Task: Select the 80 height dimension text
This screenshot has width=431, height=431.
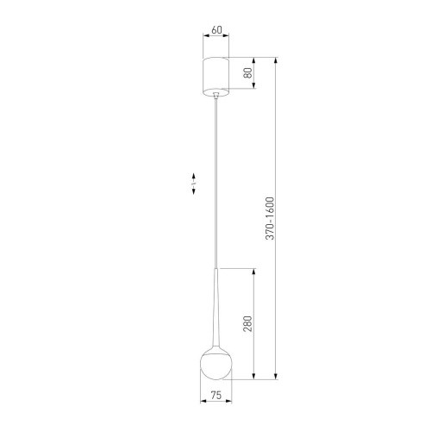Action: coord(248,74)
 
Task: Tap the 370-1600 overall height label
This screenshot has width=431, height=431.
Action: coord(269,219)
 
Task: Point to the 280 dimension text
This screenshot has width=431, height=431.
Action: coord(247,324)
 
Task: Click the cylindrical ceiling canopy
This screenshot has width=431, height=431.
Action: coord(215,75)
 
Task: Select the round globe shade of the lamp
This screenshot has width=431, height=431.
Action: coord(215,363)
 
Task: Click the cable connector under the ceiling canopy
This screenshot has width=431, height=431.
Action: coord(215,97)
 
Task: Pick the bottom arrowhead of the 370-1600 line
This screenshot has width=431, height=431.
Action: coord(276,378)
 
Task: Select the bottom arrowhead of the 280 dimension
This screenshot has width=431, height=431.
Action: coord(253,378)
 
